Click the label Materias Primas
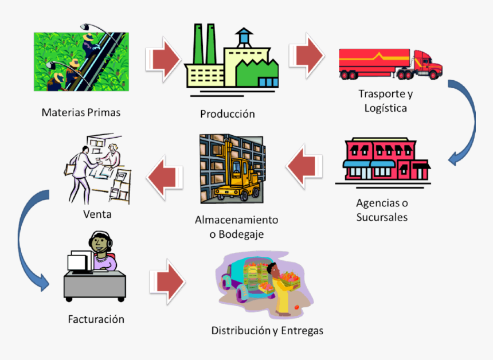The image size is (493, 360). point(81,112)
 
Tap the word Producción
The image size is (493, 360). point(227,114)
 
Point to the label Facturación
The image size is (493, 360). point(95,319)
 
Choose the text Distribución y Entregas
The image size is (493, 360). point(267,331)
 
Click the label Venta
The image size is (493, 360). point(97,215)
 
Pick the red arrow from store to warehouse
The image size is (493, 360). point(304,166)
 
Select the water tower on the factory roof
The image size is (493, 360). point(245,38)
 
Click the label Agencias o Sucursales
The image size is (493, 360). point(382,210)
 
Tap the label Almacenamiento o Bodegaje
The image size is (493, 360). point(236,227)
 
